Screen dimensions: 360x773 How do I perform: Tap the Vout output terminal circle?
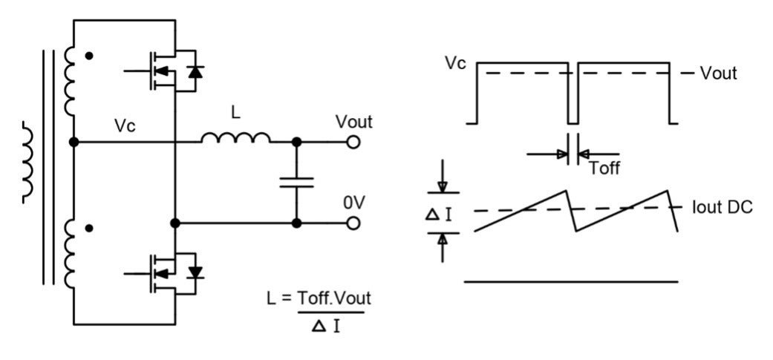click(x=353, y=141)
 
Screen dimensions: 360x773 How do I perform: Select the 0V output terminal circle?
click(x=353, y=223)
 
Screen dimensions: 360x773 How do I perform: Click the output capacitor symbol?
click(x=297, y=182)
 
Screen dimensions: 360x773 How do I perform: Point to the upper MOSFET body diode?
click(x=195, y=72)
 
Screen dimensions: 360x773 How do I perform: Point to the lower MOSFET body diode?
click(x=196, y=272)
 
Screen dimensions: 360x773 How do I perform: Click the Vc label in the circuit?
click(x=124, y=125)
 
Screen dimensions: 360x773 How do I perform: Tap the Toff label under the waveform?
click(x=604, y=168)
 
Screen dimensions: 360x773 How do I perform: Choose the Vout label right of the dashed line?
click(x=718, y=73)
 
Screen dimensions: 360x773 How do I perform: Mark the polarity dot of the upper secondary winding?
click(x=91, y=56)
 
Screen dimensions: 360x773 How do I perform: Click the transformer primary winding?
click(x=28, y=163)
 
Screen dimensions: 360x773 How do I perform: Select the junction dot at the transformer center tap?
click(x=74, y=141)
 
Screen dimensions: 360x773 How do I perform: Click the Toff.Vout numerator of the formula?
click(x=334, y=297)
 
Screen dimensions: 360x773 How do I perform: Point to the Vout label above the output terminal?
click(x=353, y=121)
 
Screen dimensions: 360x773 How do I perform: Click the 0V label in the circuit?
click(x=353, y=203)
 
